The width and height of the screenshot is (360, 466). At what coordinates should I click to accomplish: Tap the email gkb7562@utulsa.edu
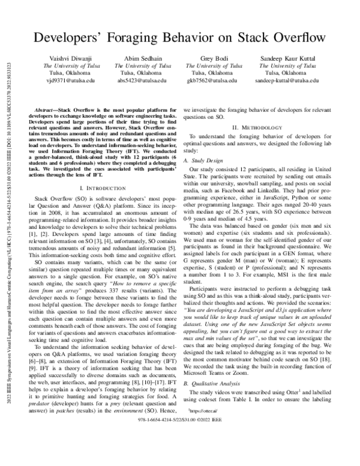tap(219, 80)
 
